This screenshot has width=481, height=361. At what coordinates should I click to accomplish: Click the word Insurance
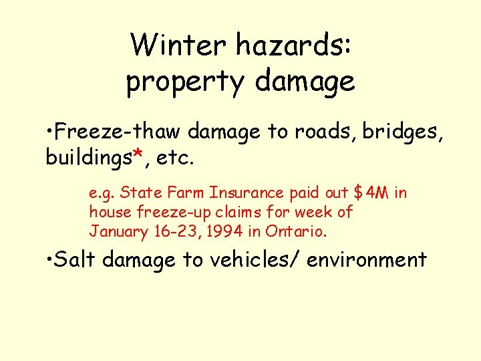coord(247,193)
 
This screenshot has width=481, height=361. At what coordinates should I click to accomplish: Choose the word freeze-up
coord(168,213)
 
